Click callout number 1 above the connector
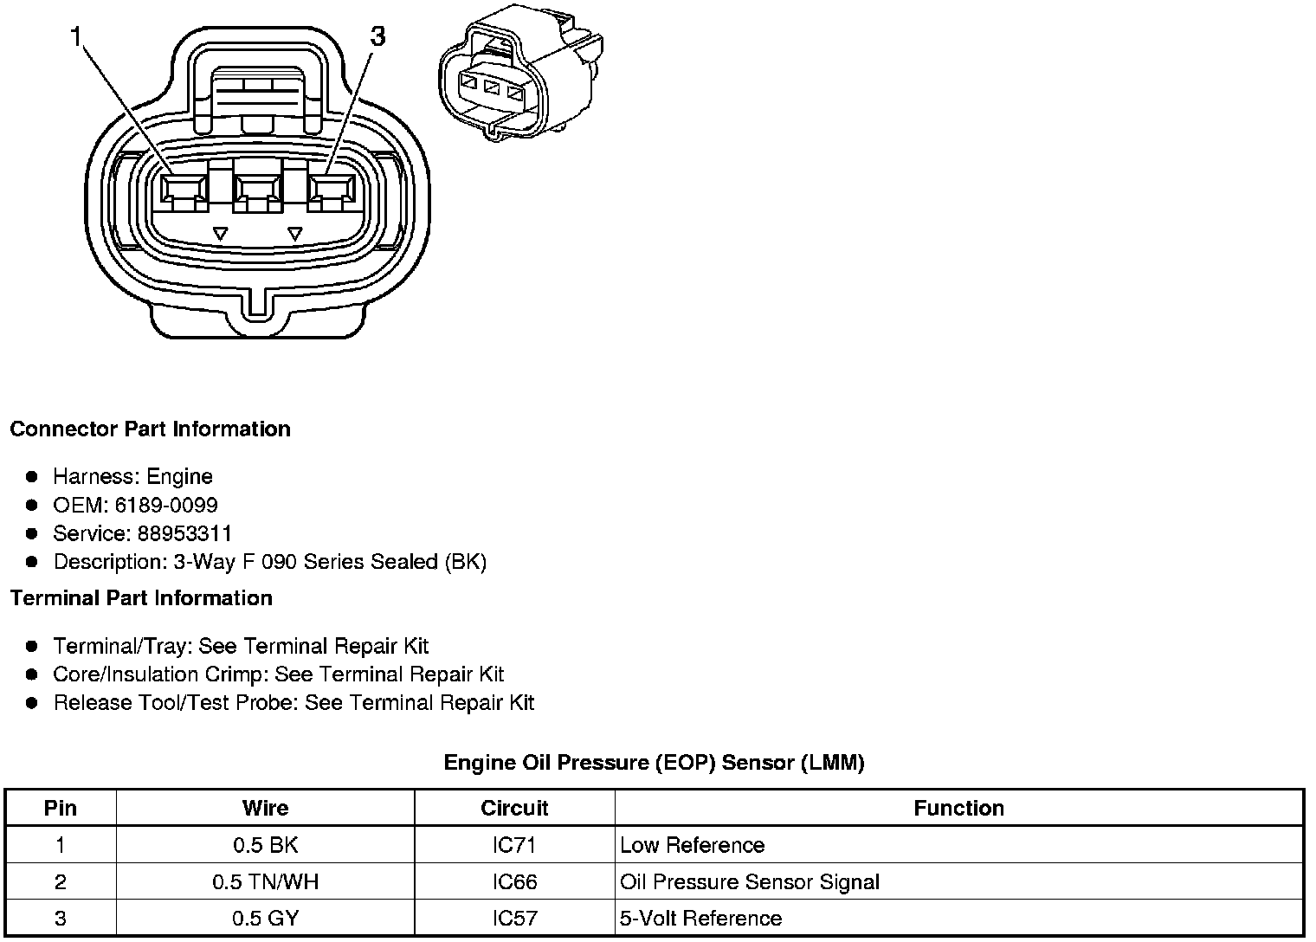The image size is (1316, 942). coord(79,36)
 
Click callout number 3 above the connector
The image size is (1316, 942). coord(377,36)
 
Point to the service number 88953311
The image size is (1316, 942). coord(184,533)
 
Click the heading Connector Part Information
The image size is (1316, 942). coord(150,429)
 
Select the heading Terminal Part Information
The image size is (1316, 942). coord(141,598)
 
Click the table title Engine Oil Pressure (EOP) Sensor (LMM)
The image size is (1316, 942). coord(654,763)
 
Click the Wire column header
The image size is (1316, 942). coord(265,808)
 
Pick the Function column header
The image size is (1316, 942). coord(958,808)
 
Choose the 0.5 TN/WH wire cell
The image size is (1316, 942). coord(265,882)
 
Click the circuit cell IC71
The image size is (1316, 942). coord(514,845)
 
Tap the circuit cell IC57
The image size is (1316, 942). coord(514,918)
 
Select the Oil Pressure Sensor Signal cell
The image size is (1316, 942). coord(750,882)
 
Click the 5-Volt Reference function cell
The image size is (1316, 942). coord(701,918)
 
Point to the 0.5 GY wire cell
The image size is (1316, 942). coord(265,918)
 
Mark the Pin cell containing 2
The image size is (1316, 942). coord(60,882)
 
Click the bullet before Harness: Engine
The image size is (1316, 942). coord(32,476)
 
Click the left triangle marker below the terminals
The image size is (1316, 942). coord(221,234)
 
